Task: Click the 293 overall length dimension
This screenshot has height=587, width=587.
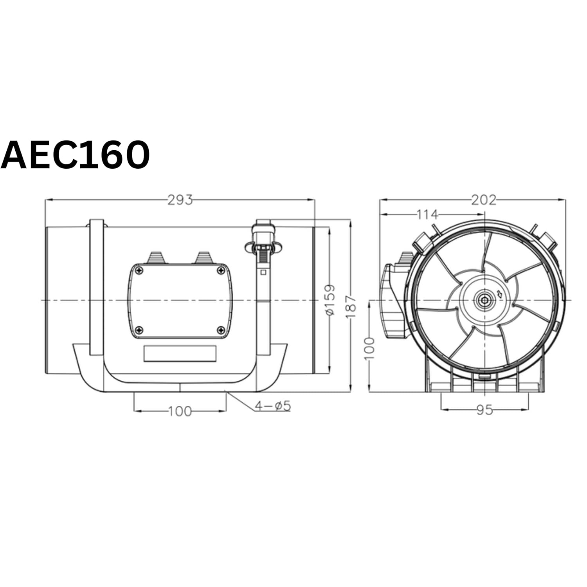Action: (x=180, y=200)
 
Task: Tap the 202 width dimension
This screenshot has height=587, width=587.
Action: (x=483, y=200)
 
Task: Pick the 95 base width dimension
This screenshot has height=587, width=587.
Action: (x=484, y=410)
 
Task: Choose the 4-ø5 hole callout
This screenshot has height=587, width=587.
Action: (x=273, y=406)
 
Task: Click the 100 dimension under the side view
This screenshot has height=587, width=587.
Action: (x=180, y=411)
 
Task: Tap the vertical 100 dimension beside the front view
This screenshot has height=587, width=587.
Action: (x=370, y=348)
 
